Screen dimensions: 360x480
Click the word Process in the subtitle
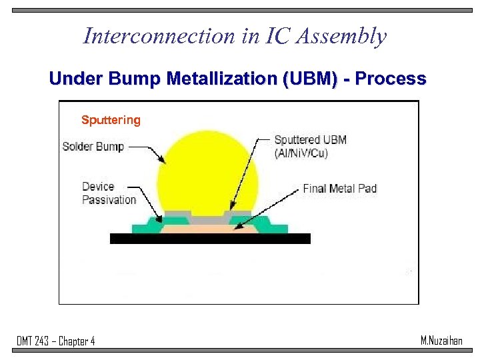coord(391,79)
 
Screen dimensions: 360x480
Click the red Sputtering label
coord(111,120)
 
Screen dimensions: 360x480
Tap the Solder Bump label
coord(93,146)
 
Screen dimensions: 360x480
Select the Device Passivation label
coord(109,193)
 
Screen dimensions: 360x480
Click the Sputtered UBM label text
coord(310,140)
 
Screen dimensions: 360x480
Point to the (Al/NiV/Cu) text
coord(301,153)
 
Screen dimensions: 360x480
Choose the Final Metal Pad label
coord(339,189)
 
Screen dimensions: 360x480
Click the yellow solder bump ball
coord(207,173)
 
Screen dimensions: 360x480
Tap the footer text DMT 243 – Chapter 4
coord(56,341)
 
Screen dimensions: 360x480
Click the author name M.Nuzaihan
coord(441,341)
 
